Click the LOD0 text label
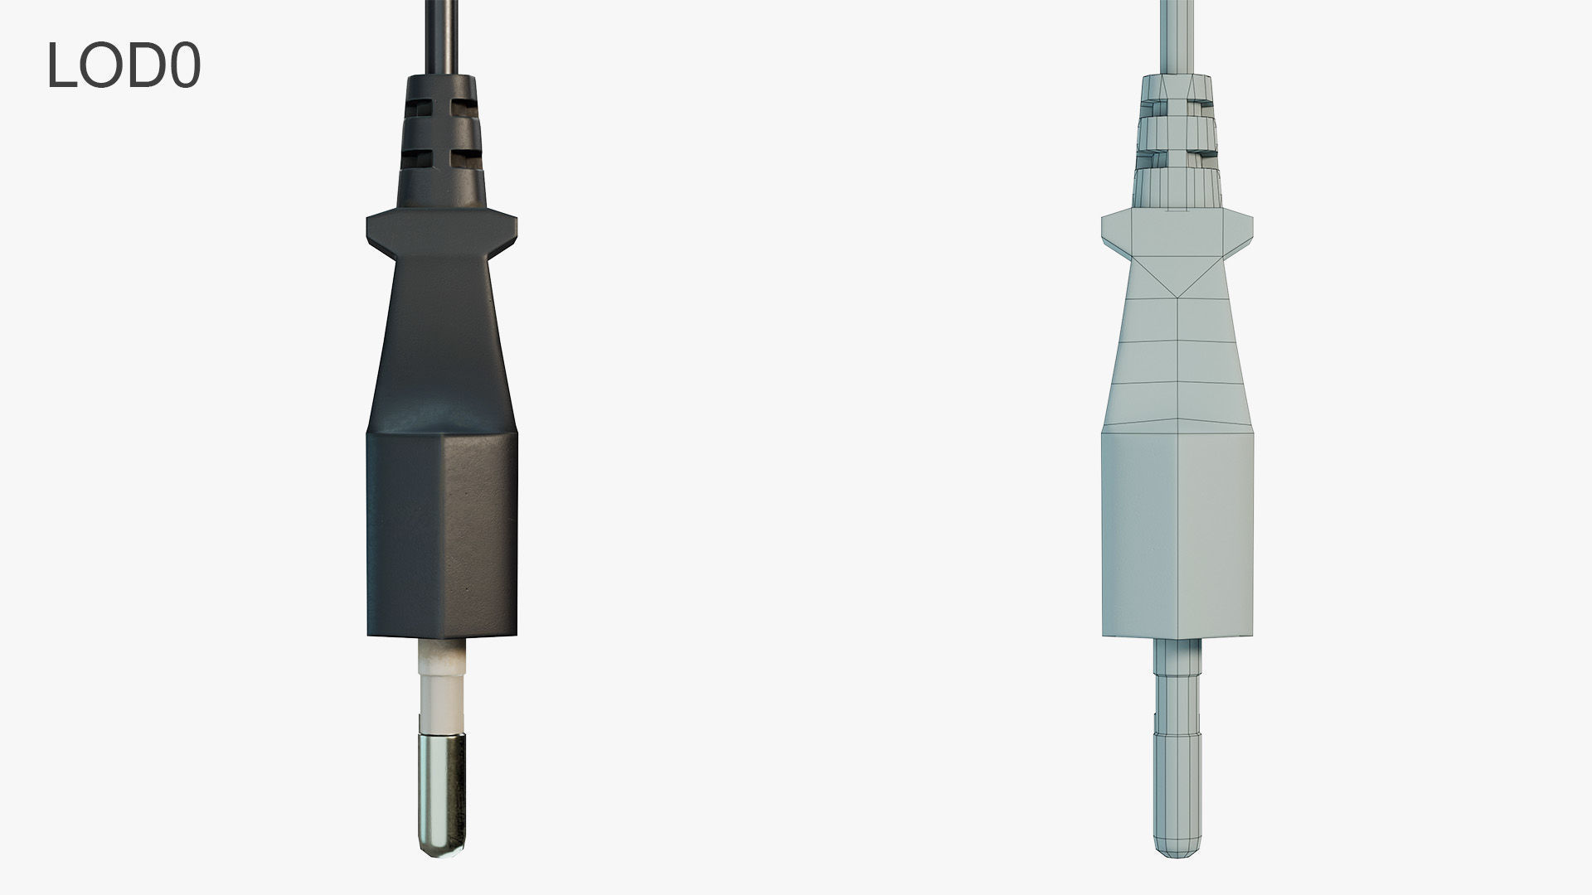(124, 65)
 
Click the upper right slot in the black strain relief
(462, 109)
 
